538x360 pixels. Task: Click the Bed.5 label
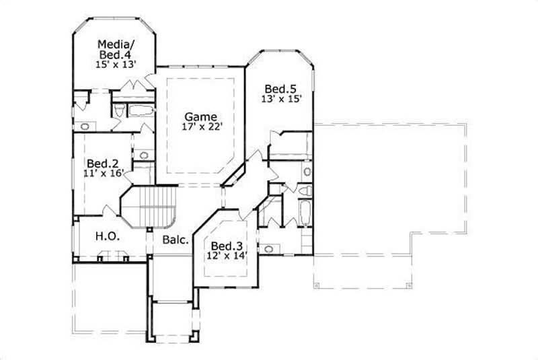pos(280,88)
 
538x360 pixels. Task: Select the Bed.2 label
pos(103,163)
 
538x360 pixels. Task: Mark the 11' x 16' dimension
pos(103,174)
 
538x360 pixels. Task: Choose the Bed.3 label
pos(224,246)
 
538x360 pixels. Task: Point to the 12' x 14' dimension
pos(224,256)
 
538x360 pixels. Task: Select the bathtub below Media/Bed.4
pos(141,111)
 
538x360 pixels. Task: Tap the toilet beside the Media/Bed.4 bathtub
pos(118,112)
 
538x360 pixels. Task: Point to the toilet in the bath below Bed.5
pos(305,192)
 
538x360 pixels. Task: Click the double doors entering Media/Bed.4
pos(134,85)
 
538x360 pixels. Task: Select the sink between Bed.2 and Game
pos(143,156)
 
